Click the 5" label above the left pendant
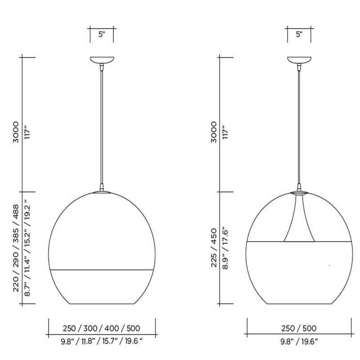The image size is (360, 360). [102, 35]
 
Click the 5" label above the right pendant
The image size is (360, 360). [299, 35]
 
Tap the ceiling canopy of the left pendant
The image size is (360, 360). [102, 60]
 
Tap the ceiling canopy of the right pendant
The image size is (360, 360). [299, 60]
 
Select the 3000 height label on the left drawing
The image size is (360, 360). [16, 132]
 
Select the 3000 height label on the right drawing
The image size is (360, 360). [213, 132]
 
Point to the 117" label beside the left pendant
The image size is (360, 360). [27, 132]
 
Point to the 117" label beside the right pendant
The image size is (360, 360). [225, 132]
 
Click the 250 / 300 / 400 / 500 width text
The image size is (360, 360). [102, 328]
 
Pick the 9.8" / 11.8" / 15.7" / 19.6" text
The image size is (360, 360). [102, 342]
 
